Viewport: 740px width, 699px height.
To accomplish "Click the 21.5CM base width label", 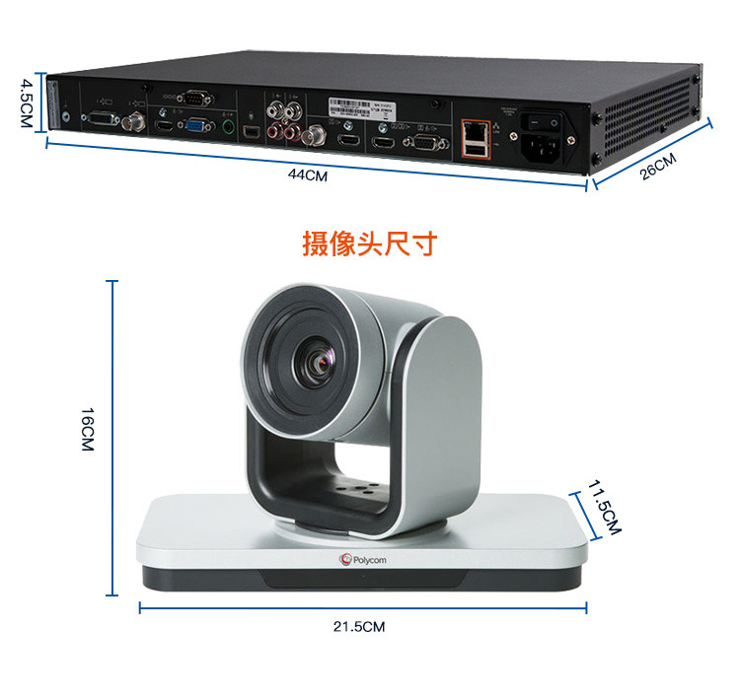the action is click(359, 626).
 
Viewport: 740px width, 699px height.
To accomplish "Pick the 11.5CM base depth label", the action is click(604, 507).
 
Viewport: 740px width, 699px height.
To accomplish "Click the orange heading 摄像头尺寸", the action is click(369, 244).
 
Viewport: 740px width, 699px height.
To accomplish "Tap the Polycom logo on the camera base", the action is click(361, 560).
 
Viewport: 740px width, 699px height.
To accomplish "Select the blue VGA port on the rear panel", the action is click(197, 126).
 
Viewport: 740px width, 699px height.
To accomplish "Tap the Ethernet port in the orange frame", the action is click(477, 130).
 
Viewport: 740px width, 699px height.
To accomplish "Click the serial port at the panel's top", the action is click(194, 98).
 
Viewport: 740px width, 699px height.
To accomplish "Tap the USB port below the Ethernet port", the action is click(477, 150).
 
